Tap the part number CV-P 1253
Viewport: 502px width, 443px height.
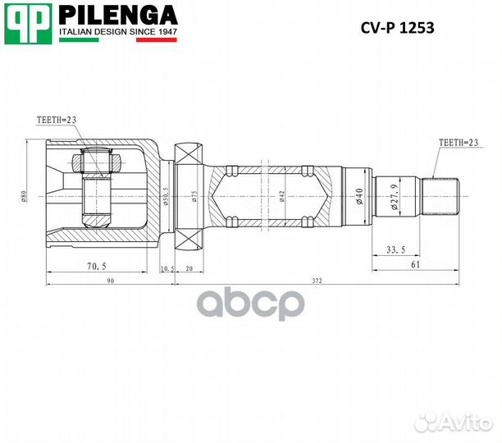398,26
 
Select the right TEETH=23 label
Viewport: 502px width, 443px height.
459,142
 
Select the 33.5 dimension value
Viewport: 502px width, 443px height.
397,249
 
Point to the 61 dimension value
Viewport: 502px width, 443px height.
418,264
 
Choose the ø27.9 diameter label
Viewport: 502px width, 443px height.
395,198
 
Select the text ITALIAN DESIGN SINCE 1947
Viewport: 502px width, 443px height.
118,34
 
